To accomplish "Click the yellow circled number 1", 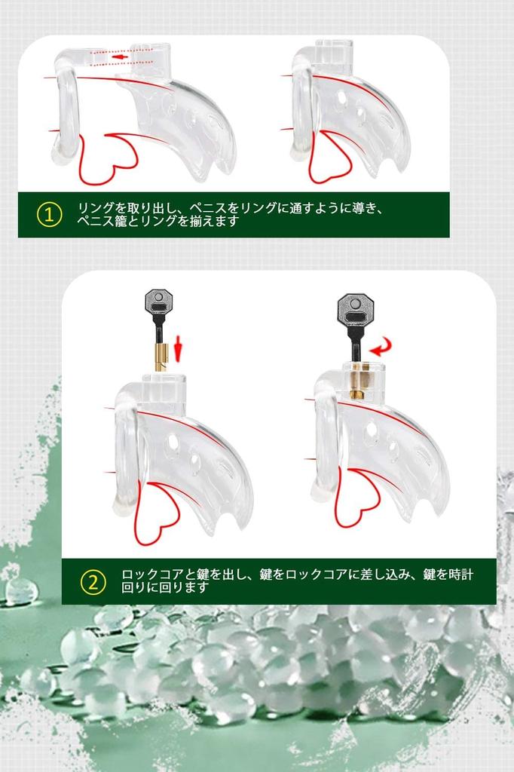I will (x=49, y=215).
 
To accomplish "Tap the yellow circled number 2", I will (x=93, y=581).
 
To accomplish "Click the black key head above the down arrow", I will (x=158, y=305).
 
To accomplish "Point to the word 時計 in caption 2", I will (x=463, y=574).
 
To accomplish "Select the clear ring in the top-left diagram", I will (x=67, y=113).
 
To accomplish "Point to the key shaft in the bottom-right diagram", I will (x=353, y=344).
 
